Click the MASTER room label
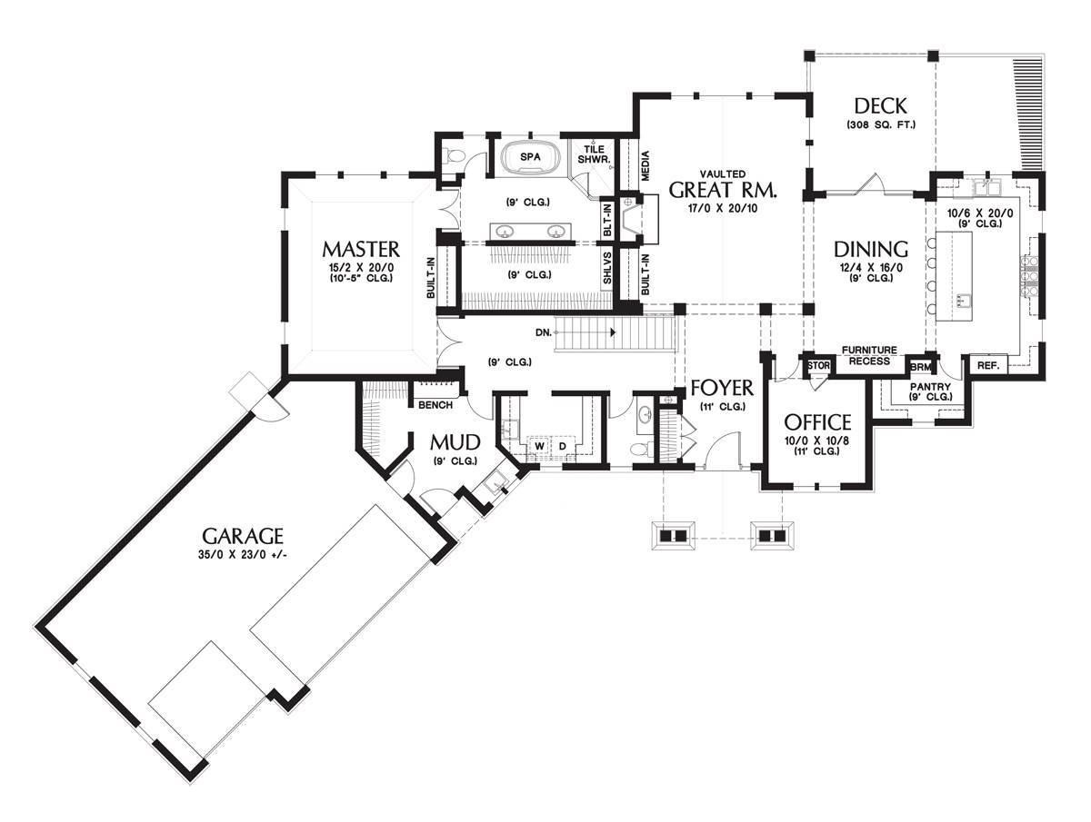tap(360, 248)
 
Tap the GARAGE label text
tap(243, 536)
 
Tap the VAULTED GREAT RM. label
tap(723, 188)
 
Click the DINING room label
tap(871, 248)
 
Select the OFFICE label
tap(817, 421)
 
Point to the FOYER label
tap(722, 389)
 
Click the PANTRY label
tap(929, 387)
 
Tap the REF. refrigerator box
tap(987, 364)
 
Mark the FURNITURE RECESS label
tap(868, 355)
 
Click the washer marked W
tap(537, 446)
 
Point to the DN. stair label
tap(544, 332)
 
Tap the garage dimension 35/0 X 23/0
tap(243, 555)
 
